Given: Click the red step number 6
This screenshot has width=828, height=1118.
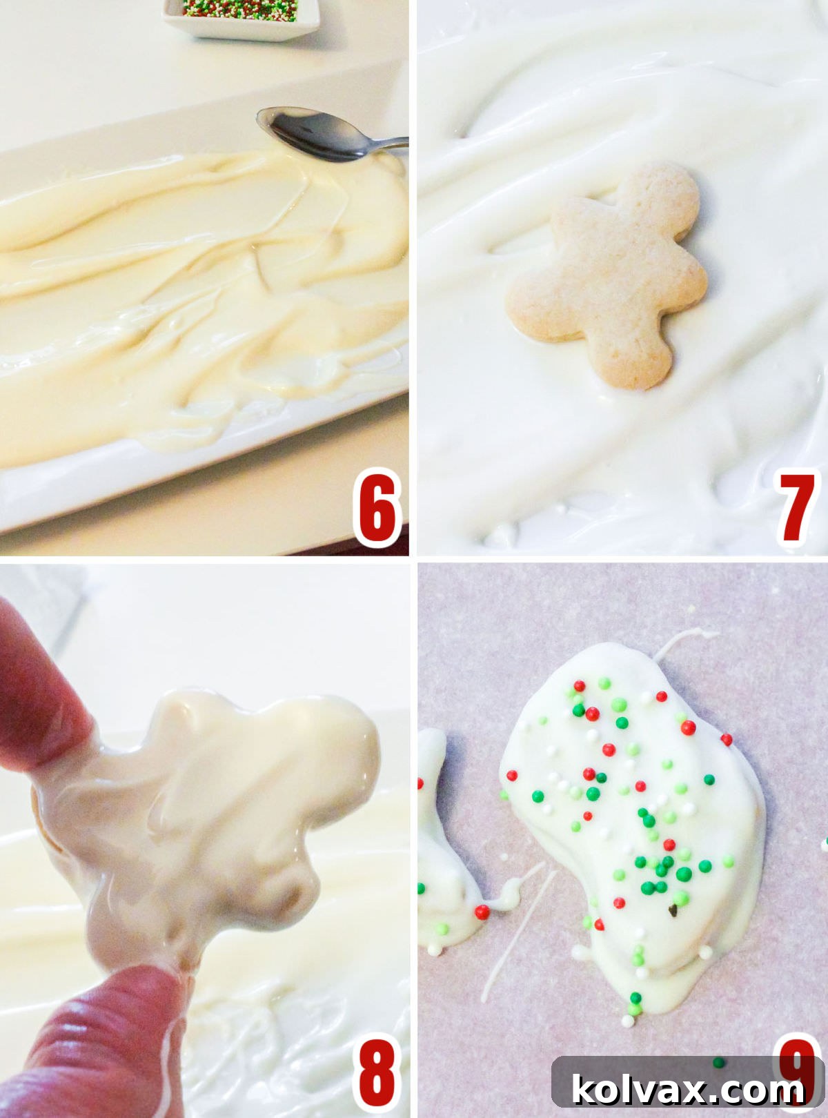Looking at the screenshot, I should tap(377, 509).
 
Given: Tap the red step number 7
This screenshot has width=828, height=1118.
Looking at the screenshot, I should tap(797, 509).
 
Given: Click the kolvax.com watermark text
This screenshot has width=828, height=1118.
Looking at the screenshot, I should tap(687, 1090).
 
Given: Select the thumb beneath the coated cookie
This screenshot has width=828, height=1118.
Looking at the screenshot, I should tap(117, 1021).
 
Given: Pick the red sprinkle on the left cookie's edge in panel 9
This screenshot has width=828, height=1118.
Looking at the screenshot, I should tap(482, 912).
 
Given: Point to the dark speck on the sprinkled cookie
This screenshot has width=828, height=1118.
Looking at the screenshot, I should tap(673, 912).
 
